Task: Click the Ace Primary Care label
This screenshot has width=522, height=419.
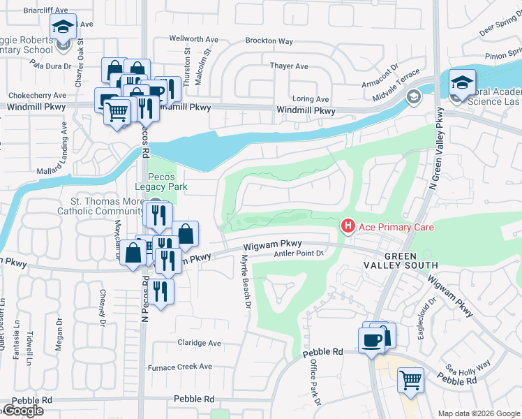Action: pyautogui.click(x=396, y=227)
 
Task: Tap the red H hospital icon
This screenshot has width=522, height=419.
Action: pyautogui.click(x=347, y=226)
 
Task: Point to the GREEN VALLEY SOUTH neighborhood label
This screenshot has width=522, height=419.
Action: pyautogui.click(x=401, y=260)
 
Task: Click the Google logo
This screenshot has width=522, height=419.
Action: pyautogui.click(x=23, y=411)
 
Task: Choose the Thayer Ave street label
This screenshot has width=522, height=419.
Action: pyautogui.click(x=289, y=66)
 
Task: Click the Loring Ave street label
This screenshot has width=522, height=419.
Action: pyautogui.click(x=311, y=99)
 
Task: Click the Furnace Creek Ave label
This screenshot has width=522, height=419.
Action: pyautogui.click(x=179, y=367)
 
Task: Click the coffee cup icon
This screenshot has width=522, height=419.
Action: pyautogui.click(x=371, y=340)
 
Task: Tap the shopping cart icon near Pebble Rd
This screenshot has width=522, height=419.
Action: pyautogui.click(x=410, y=381)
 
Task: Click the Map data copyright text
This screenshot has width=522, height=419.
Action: pyautogui.click(x=478, y=413)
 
